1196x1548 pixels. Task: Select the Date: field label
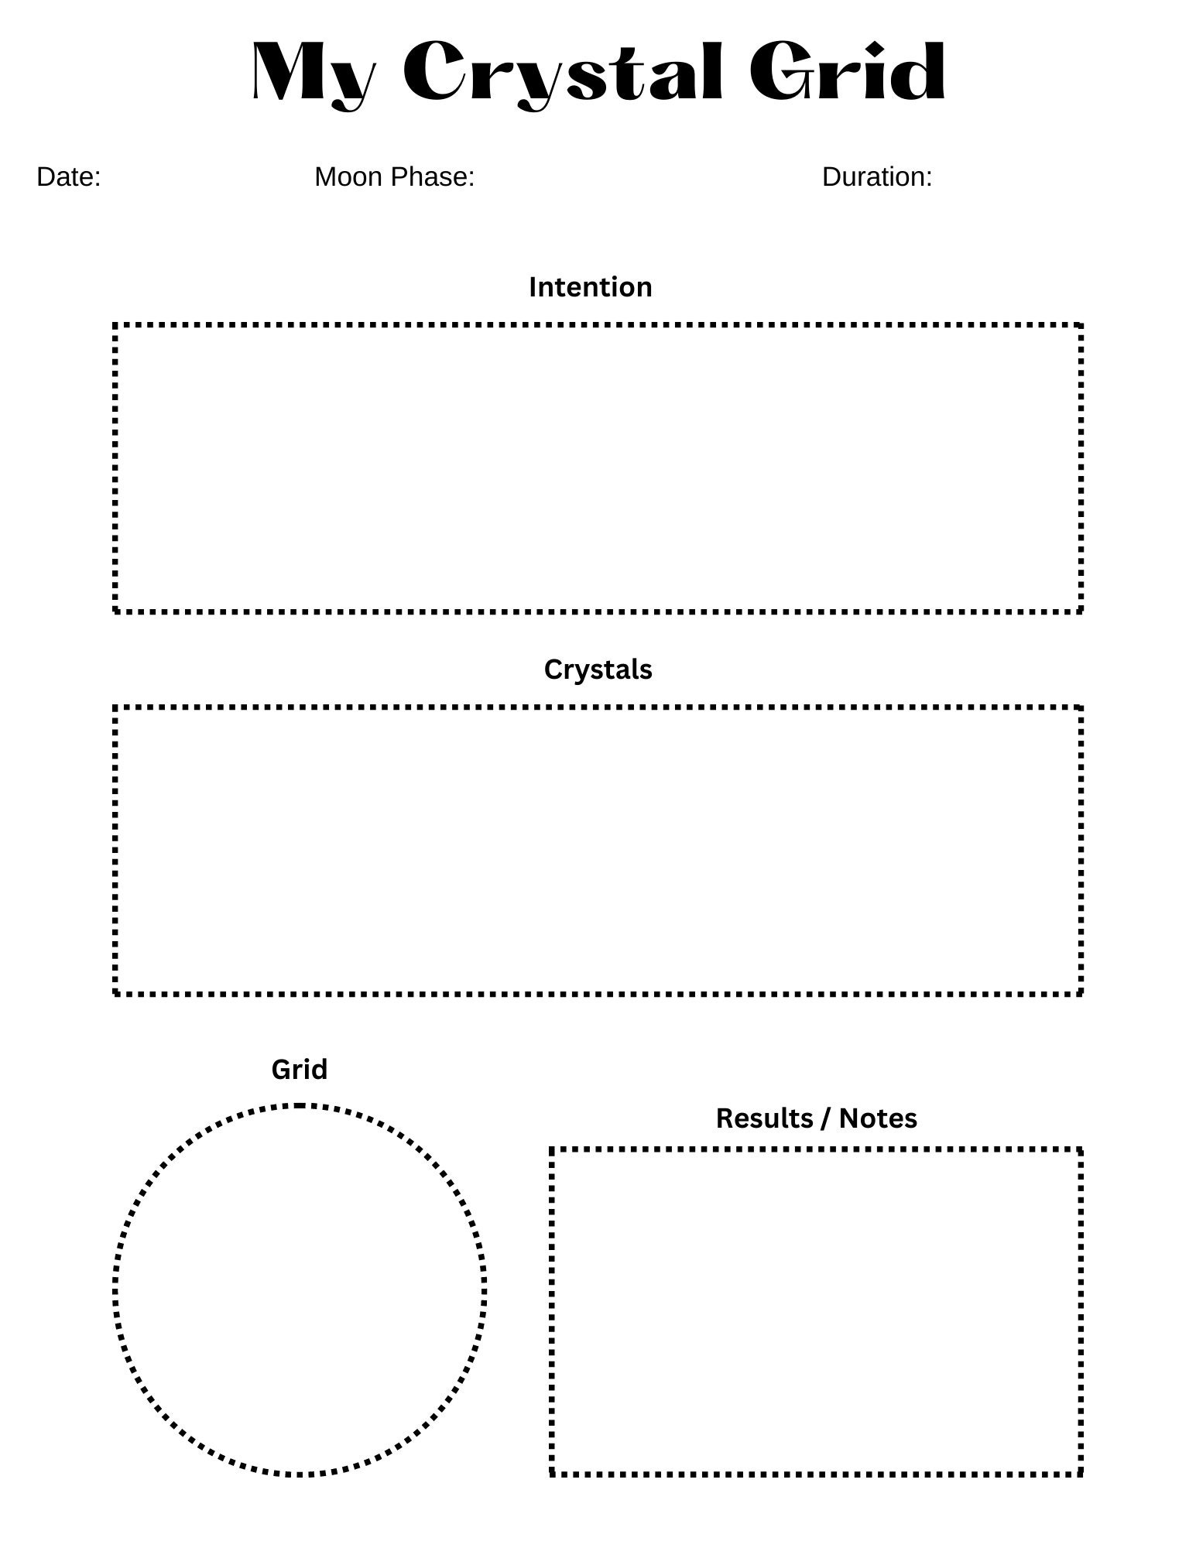pos(69,177)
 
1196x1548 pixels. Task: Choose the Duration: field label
pos(877,177)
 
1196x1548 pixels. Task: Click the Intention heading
pos(591,287)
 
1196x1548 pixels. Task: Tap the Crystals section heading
pos(598,670)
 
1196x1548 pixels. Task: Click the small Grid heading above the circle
pos(300,1070)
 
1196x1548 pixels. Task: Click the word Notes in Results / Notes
pos(878,1118)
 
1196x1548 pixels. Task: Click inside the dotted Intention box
pos(598,468)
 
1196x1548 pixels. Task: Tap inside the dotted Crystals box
pos(598,851)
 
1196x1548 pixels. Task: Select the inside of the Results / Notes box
pos(817,1312)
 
